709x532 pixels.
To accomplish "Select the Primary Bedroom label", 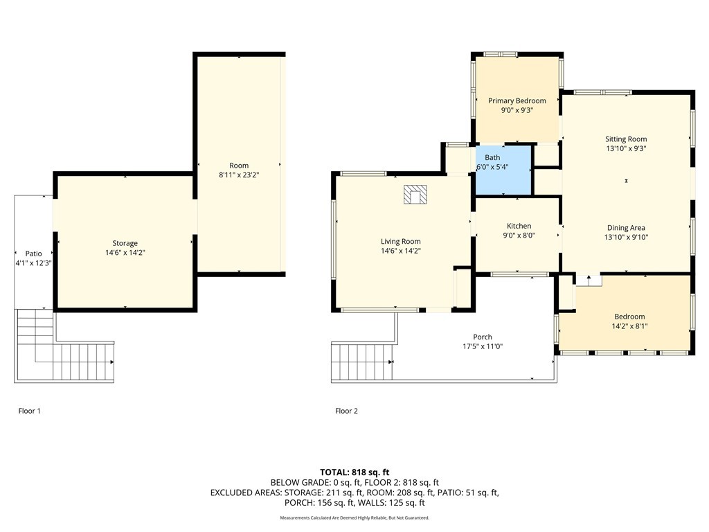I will pos(517,101).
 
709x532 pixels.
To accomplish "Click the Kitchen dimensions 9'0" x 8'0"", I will pos(519,236).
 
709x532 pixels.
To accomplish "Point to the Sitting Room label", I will pos(626,139).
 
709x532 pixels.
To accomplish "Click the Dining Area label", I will pos(626,228).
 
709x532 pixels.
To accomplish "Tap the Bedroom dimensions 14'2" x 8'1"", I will pos(629,326).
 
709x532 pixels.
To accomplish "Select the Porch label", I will pos(483,337).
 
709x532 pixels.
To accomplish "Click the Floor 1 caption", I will pos(29,411).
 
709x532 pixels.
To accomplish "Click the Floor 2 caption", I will pos(346,411).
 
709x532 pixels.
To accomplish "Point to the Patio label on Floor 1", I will pos(33,254).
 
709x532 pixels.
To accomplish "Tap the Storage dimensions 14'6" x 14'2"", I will pos(125,253).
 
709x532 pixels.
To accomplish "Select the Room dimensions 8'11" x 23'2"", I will pos(239,175).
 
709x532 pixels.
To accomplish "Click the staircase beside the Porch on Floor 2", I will pos(361,362).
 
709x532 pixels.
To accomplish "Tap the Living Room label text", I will pos(400,242).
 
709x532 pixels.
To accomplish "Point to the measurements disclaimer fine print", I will pos(354,518).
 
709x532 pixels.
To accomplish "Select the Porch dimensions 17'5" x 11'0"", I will pos(483,346).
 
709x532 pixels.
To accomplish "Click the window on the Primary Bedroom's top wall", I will pos(499,54).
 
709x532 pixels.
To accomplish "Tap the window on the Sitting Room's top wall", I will pos(602,92).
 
